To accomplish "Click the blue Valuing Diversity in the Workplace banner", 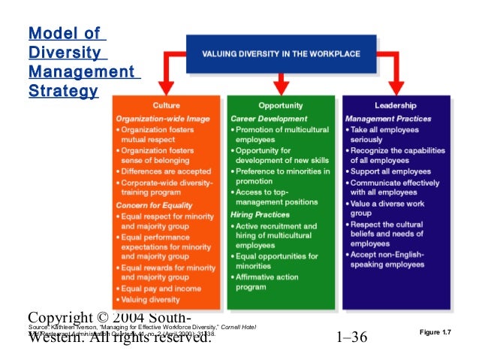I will click(280, 54).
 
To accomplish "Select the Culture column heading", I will click(167, 106).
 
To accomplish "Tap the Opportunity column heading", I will click(280, 106).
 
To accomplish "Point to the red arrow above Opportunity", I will click(281, 81).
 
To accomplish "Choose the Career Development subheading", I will click(269, 119).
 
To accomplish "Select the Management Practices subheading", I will click(388, 119).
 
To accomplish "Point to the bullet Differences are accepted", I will click(159, 171).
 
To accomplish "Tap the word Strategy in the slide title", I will click(62, 91).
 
